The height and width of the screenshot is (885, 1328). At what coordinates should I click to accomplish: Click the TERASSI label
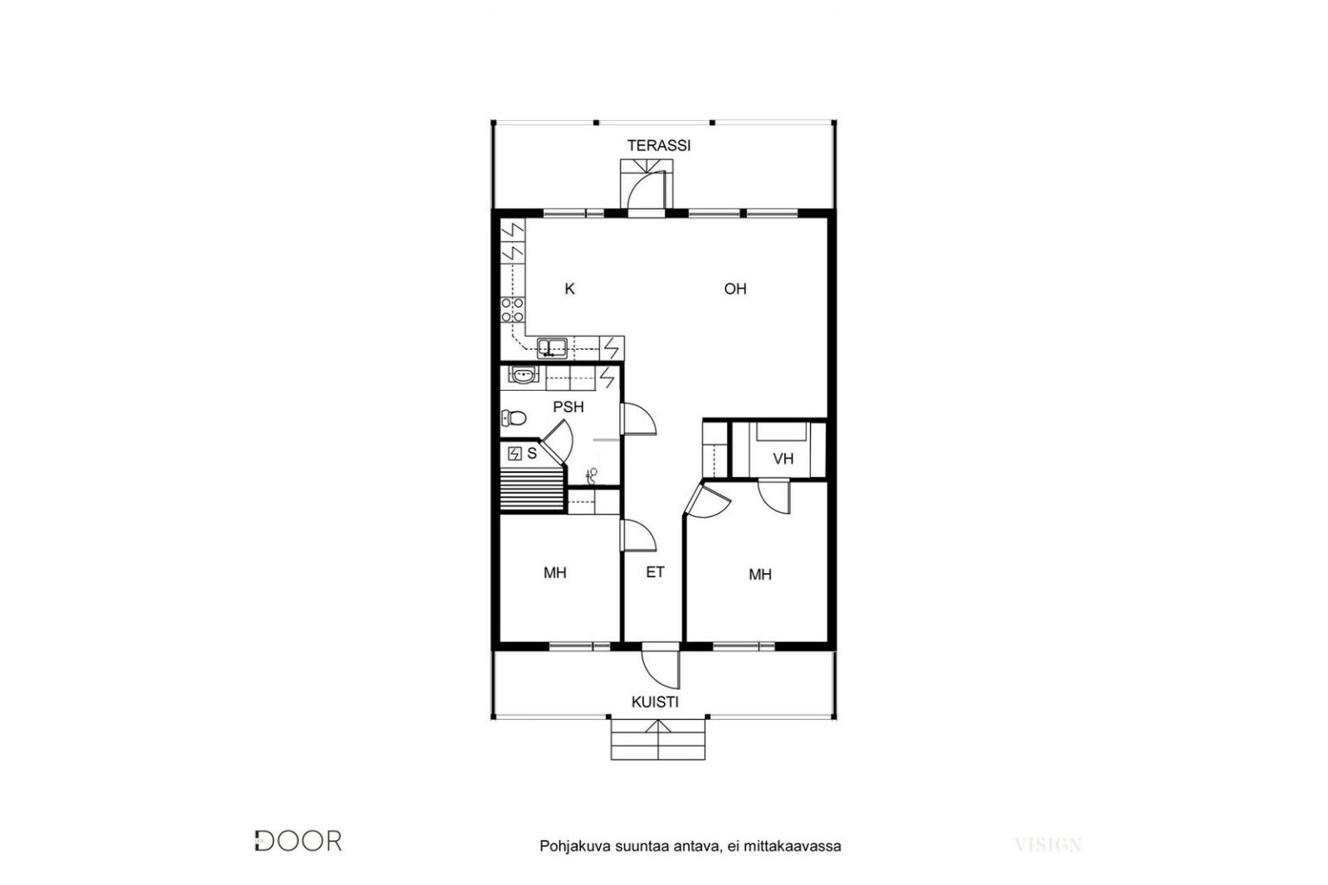pos(659,145)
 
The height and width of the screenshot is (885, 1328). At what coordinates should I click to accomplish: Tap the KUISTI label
pos(654,703)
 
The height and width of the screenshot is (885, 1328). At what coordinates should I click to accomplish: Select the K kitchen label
pos(570,290)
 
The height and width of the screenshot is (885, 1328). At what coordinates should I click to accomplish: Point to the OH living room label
pos(735,290)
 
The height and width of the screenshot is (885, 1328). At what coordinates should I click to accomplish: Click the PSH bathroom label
pos(568,407)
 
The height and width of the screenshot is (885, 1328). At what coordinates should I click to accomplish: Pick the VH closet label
pos(783,459)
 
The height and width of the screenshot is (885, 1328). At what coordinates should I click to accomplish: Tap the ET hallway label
pos(655,573)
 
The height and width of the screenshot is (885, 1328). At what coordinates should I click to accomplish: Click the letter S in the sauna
pos(532,454)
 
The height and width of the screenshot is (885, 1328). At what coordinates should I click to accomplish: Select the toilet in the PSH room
pos(514,418)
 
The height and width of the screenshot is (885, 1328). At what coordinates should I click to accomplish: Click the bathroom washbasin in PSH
pos(523,375)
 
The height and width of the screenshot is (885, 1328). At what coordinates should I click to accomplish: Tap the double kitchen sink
pos(552,348)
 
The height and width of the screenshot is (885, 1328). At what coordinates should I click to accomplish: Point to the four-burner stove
pos(513,310)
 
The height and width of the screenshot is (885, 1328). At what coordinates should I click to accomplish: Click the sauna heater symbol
pos(514,454)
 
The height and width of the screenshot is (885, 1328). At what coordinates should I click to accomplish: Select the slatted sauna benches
pos(532,488)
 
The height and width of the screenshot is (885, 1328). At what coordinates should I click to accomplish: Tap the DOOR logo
pos(298,841)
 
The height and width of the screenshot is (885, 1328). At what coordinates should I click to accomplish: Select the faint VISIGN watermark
pos(1048,844)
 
